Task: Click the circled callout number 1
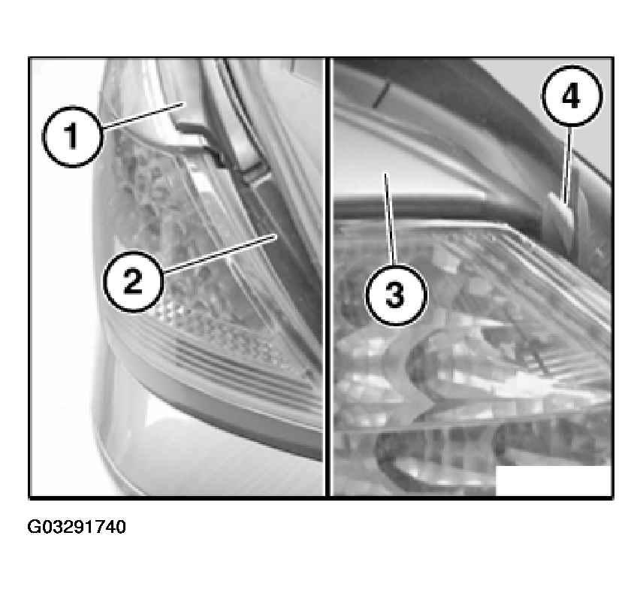click(x=73, y=137)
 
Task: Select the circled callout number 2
click(x=133, y=281)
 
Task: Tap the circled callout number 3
click(x=396, y=295)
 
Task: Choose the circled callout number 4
click(x=572, y=95)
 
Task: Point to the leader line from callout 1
click(x=142, y=116)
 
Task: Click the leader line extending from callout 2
click(x=221, y=253)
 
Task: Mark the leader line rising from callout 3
click(x=390, y=219)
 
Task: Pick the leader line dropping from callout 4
click(x=568, y=164)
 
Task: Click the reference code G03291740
click(x=77, y=527)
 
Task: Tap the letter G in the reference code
click(x=33, y=527)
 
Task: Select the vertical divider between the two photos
click(x=328, y=277)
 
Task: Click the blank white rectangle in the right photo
click(x=554, y=480)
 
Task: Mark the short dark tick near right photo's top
click(x=379, y=95)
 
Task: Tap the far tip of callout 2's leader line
click(x=278, y=234)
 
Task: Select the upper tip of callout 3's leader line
click(x=385, y=174)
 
